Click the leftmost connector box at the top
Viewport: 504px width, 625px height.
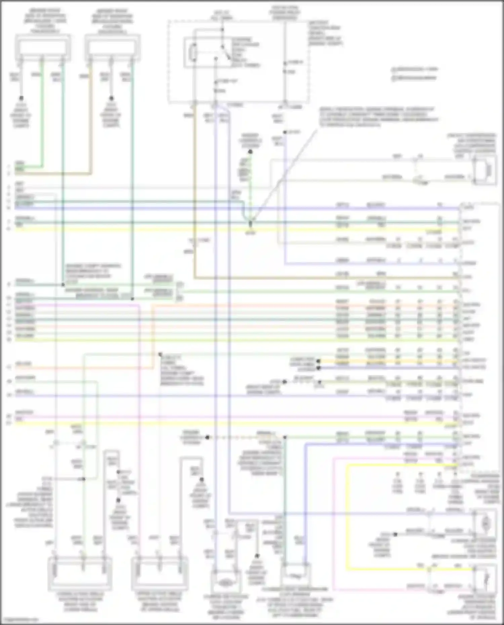43,48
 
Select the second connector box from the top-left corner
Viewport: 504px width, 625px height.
112,48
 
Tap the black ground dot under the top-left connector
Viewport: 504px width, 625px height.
21,98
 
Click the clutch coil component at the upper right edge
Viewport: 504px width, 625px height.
485,170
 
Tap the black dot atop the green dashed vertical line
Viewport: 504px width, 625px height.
250,152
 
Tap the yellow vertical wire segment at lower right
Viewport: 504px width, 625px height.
347,517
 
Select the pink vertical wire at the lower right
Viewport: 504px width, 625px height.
333,524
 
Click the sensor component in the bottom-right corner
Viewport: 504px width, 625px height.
485,578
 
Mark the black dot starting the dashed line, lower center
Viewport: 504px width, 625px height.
207,437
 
